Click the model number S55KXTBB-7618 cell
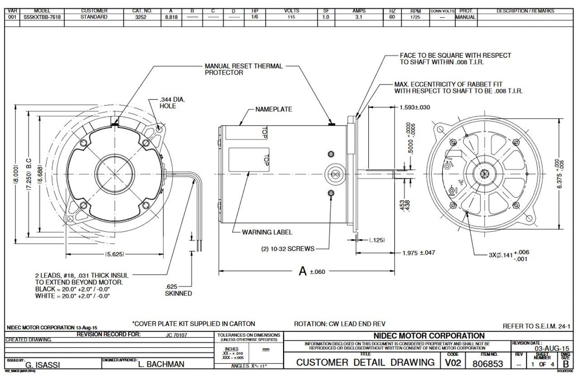click(x=42, y=17)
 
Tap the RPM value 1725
click(x=416, y=17)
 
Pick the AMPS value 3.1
click(x=359, y=17)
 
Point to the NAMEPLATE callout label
click(x=274, y=109)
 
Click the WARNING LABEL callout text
click(x=267, y=232)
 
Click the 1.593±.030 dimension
click(x=415, y=108)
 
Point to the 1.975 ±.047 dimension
click(x=418, y=253)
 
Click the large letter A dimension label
click(x=303, y=271)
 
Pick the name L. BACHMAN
click(x=160, y=364)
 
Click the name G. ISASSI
click(x=43, y=364)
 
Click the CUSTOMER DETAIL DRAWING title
click(x=365, y=363)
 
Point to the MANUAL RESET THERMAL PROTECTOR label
click(x=243, y=69)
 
